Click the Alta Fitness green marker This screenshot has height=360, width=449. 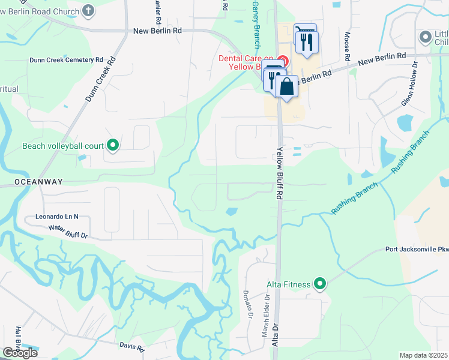[x=320, y=284]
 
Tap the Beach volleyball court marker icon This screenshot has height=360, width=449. [x=112, y=145]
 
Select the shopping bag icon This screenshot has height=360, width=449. [x=287, y=86]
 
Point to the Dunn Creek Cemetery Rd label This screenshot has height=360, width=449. [x=67, y=60]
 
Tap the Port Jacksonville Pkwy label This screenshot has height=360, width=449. [x=417, y=250]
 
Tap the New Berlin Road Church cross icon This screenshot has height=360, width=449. [x=88, y=11]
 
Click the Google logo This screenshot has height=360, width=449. [x=20, y=353]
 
